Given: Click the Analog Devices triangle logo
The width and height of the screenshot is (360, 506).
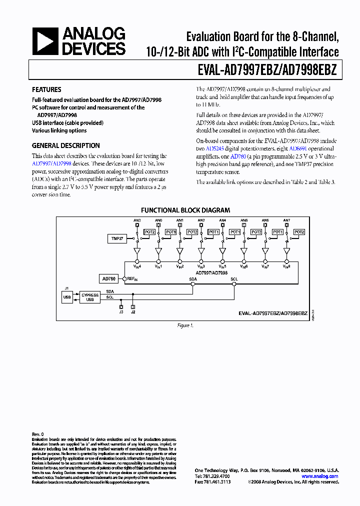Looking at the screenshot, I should coord(45,41).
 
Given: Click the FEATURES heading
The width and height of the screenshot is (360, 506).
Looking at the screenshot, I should coord(46,90).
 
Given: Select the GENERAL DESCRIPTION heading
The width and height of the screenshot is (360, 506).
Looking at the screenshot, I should coord(65,146).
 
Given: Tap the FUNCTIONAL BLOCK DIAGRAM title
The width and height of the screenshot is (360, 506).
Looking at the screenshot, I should coord(185,210).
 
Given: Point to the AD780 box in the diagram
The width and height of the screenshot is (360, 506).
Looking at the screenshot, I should coord(108,279).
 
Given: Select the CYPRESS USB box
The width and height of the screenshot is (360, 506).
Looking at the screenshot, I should coord(90,297).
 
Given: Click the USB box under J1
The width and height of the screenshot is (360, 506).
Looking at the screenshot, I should coord(67,297).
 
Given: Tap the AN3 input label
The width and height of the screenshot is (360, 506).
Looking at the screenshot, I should coord(137,220).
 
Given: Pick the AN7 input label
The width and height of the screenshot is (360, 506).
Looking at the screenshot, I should coord(286,220).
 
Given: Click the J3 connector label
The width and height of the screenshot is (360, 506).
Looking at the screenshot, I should coord(121,312).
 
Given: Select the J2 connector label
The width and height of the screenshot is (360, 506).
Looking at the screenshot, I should coord(132,312).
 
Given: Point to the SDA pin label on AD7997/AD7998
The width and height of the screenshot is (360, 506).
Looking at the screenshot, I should coord(192,279).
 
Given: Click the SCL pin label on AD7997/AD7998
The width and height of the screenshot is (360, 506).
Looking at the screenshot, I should coord(234,279).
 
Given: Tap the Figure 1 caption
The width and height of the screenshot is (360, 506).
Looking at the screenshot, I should coord(185,325).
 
